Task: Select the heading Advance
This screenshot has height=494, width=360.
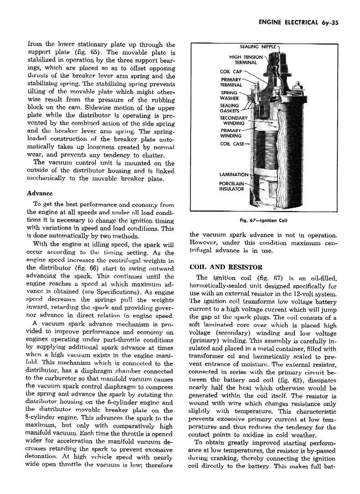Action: point(41,193)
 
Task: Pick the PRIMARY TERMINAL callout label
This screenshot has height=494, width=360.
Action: point(231,82)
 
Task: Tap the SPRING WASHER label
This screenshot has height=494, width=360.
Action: point(229,95)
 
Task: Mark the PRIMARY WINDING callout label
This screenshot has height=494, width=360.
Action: point(231,133)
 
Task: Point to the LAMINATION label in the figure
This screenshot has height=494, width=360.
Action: point(234,174)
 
